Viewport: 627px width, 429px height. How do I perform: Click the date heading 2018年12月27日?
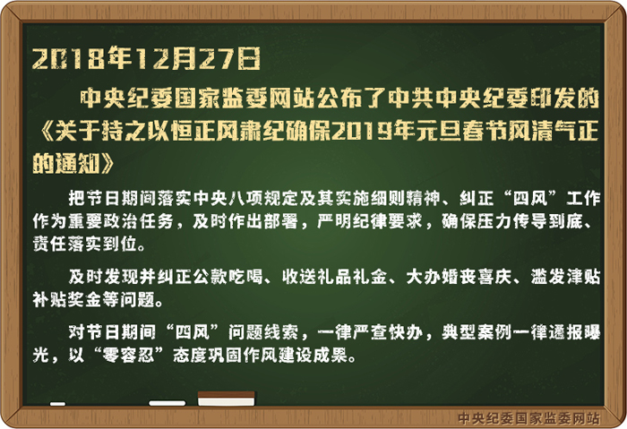[x=146, y=58]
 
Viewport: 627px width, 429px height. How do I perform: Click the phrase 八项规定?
[x=262, y=198]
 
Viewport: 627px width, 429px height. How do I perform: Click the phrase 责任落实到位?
[x=85, y=244]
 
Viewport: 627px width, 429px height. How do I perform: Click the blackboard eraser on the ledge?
[x=227, y=399]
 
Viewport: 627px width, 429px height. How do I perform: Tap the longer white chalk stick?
[x=167, y=403]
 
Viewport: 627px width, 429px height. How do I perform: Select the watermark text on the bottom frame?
[x=529, y=418]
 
